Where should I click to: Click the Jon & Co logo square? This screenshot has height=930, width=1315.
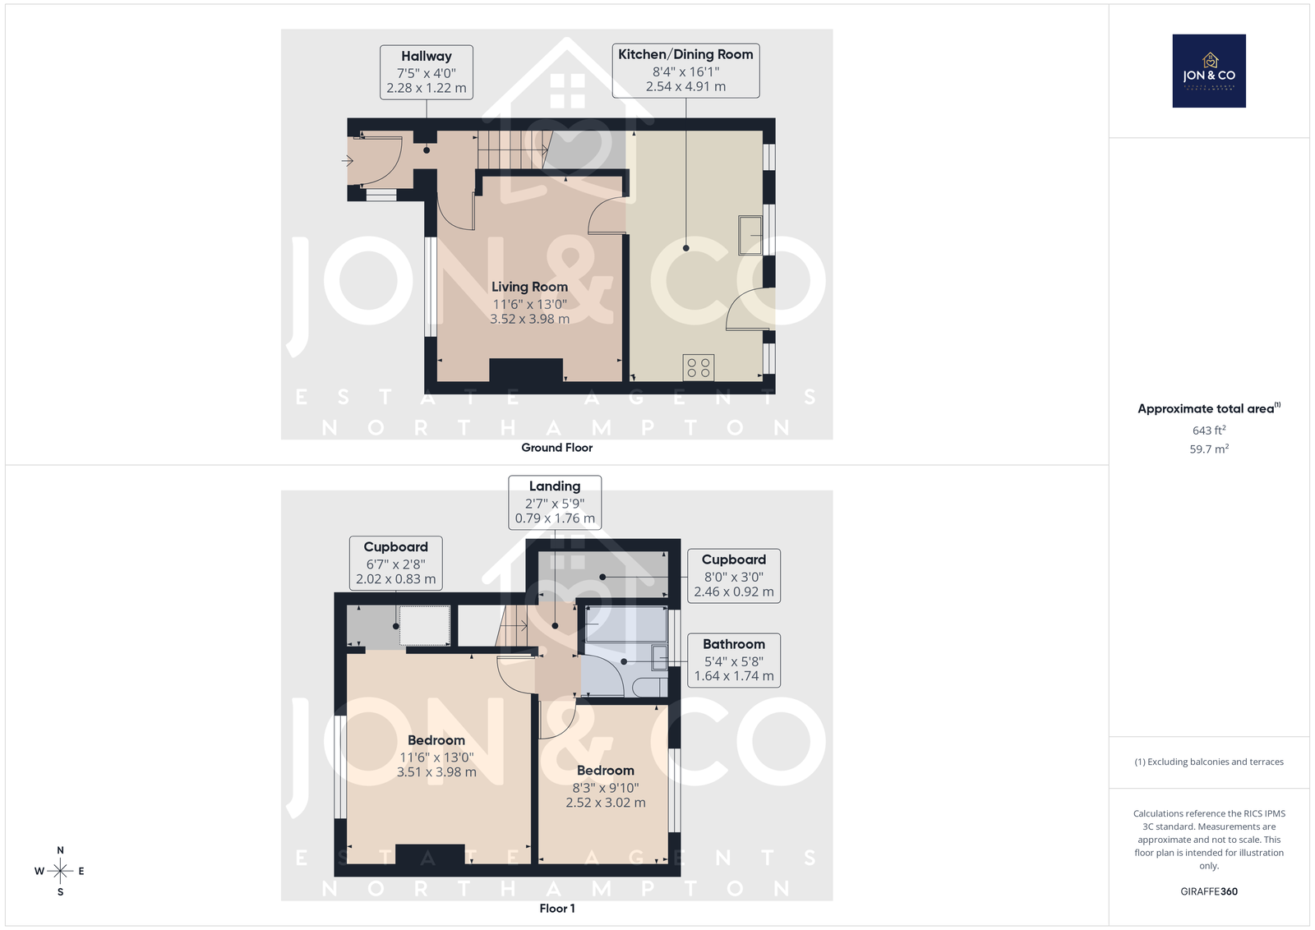pos(1209,71)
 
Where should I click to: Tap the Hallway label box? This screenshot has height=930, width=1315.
pos(427,72)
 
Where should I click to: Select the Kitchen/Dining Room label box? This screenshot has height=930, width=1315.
pos(685,71)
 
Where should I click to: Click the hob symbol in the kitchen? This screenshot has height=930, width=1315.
pos(699,368)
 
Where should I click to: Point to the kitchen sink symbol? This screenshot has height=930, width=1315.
pos(750,235)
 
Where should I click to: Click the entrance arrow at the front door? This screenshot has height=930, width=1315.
pos(347,160)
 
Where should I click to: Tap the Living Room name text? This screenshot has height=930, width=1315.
pos(529,287)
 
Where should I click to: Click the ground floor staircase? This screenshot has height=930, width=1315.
pos(514,150)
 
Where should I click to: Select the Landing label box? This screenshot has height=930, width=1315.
pos(555,502)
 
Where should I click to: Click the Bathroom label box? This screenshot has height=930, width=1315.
pos(734,660)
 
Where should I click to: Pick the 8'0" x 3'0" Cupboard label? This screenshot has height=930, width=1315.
pos(734,576)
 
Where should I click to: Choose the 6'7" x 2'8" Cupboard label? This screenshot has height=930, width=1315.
pos(395,563)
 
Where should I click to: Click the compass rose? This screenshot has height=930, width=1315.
pos(60,871)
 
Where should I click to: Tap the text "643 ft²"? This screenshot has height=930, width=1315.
pos(1209,430)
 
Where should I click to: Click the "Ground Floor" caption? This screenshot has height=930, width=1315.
pos(557,448)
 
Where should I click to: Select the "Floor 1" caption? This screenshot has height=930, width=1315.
pos(557,909)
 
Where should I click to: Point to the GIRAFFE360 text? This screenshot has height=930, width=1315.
pos(1209,891)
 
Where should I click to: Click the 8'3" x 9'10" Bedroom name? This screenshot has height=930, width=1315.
pos(605,771)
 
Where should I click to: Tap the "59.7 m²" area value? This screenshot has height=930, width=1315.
pos(1209,449)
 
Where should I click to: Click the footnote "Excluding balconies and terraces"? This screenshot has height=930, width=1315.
pos(1216,762)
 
